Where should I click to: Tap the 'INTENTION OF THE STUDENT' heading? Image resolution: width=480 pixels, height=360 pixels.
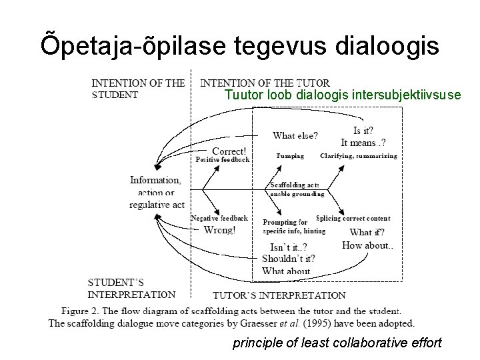point(138,89)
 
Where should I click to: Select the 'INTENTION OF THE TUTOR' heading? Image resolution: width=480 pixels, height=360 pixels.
point(265,83)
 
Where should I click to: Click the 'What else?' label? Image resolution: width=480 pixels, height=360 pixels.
point(295,135)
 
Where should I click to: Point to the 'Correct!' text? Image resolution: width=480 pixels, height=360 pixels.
point(229,151)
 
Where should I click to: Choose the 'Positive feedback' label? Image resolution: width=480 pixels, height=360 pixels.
point(223,160)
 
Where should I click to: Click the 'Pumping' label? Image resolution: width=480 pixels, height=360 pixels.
point(290,156)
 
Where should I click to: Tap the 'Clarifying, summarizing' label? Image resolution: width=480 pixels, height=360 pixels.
point(359,156)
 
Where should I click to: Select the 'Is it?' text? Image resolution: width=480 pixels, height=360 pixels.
point(363,131)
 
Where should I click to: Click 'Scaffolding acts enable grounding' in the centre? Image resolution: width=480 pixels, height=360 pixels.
point(296,189)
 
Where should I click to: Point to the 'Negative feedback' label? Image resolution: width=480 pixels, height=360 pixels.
point(219,218)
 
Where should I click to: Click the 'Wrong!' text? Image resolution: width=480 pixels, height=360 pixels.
point(219,230)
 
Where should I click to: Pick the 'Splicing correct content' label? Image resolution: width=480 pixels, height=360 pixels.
point(353,219)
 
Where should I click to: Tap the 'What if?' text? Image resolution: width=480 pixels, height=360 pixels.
point(367,232)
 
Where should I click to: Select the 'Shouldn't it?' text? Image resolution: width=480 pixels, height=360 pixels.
point(289,259)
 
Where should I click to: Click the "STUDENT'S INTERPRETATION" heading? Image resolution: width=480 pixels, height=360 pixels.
point(131,288)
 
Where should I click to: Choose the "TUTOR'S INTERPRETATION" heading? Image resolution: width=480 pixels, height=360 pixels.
point(279,295)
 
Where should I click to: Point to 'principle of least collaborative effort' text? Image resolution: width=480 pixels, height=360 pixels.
point(337,344)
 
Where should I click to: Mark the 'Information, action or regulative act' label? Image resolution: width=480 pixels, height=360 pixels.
point(157,192)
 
